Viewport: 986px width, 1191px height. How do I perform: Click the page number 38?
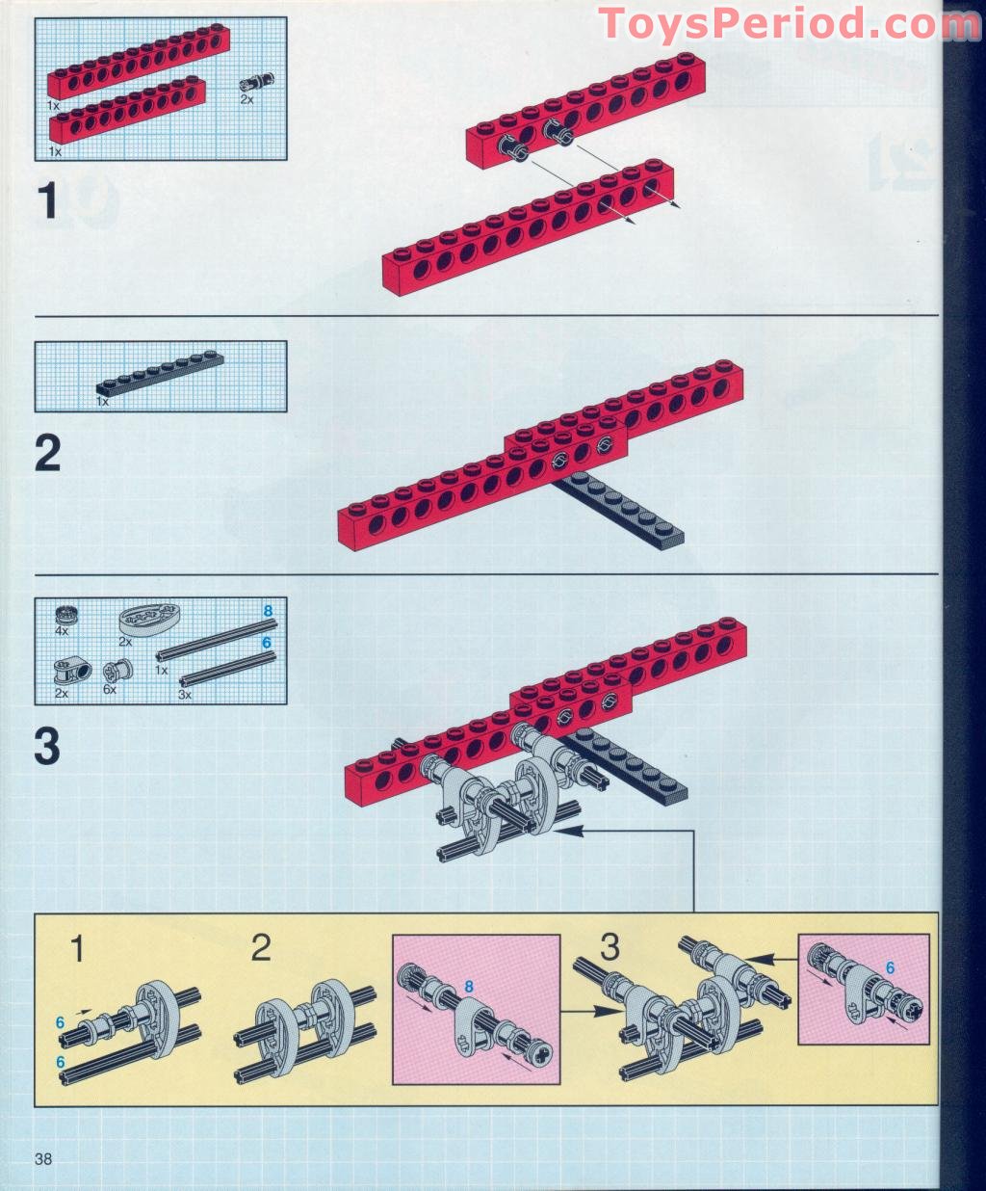pos(42,1158)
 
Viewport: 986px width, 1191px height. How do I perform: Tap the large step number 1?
pos(47,203)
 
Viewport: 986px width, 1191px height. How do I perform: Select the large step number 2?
pos(47,454)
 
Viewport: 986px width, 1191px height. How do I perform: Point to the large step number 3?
pos(47,747)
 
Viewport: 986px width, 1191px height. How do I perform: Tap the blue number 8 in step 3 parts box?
pos(268,611)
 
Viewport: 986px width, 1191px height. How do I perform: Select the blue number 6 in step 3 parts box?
pos(267,642)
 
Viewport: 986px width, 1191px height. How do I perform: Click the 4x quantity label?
pos(62,630)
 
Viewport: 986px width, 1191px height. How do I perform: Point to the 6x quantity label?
pos(109,690)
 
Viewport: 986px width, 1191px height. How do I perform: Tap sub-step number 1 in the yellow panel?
pos(78,949)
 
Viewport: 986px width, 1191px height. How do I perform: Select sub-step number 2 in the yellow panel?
pos(260,948)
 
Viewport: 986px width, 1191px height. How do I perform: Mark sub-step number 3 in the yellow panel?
pos(609,946)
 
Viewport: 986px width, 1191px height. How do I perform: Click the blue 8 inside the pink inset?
pos(469,986)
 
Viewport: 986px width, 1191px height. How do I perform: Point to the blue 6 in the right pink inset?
pos(890,968)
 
